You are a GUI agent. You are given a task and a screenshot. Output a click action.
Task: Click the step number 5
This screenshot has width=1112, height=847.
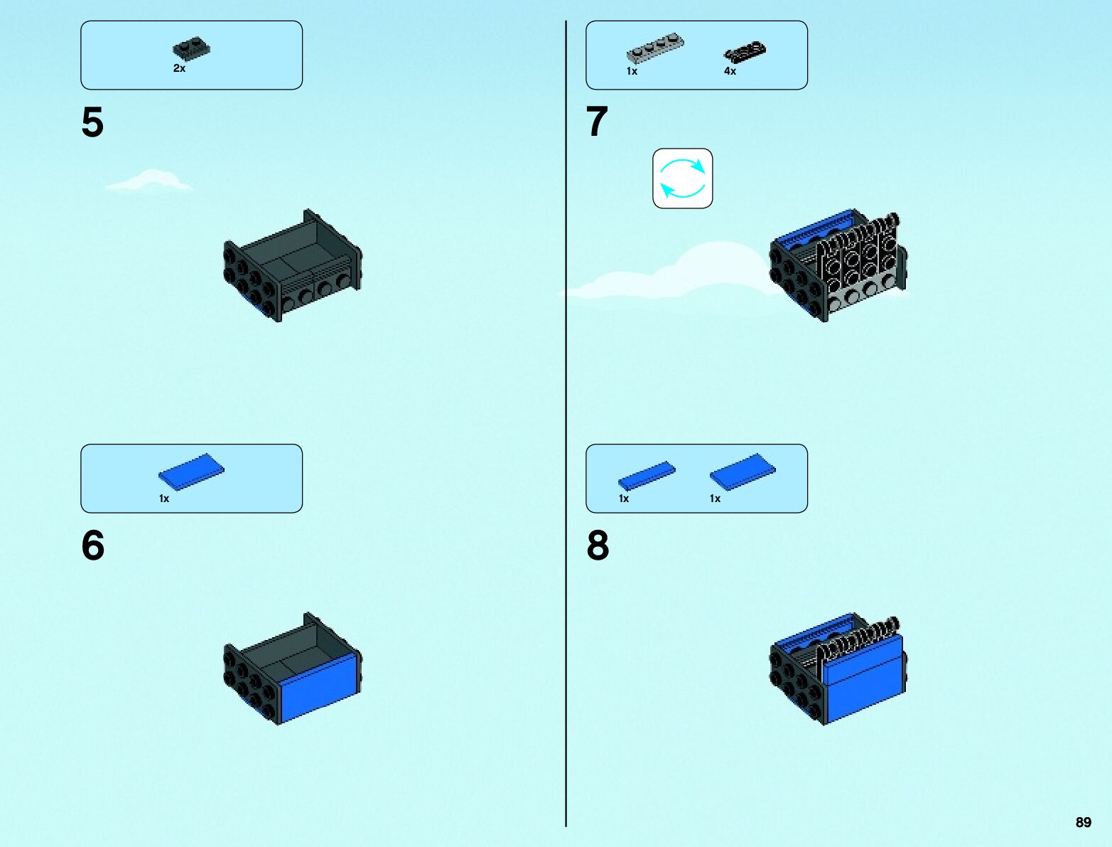92,122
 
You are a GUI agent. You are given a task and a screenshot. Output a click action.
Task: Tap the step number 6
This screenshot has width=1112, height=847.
92,545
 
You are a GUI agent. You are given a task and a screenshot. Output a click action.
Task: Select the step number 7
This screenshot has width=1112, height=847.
597,122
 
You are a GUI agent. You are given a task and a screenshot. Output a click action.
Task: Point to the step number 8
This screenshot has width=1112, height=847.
598,545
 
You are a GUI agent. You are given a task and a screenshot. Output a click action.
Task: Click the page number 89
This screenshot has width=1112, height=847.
1083,822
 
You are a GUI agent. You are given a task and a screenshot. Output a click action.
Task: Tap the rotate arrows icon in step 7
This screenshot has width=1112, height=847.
682,179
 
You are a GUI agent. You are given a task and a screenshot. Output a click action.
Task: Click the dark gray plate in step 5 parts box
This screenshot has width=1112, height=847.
191,49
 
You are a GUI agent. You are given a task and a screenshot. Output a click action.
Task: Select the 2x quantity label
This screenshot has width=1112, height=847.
179,68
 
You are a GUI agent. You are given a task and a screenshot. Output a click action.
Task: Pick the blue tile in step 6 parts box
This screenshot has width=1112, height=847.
191,471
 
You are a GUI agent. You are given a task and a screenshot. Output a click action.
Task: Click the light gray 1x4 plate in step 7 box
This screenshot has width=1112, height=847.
654,48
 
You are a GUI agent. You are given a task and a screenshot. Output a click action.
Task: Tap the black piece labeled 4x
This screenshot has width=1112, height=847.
745,52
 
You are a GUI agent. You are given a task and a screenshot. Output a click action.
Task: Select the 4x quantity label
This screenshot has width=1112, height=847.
730,71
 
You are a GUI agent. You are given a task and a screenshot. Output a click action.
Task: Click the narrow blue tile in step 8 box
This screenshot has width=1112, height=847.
647,474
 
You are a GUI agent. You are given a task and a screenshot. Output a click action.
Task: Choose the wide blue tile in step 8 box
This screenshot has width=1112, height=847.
743,471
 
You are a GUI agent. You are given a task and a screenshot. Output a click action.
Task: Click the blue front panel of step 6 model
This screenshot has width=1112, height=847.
320,687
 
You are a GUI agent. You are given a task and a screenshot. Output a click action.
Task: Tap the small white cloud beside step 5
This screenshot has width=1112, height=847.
149,181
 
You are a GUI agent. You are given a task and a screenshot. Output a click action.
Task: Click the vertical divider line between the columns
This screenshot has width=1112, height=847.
566,427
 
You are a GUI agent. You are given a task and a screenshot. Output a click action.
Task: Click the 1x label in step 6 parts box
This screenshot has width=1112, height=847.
164,499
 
